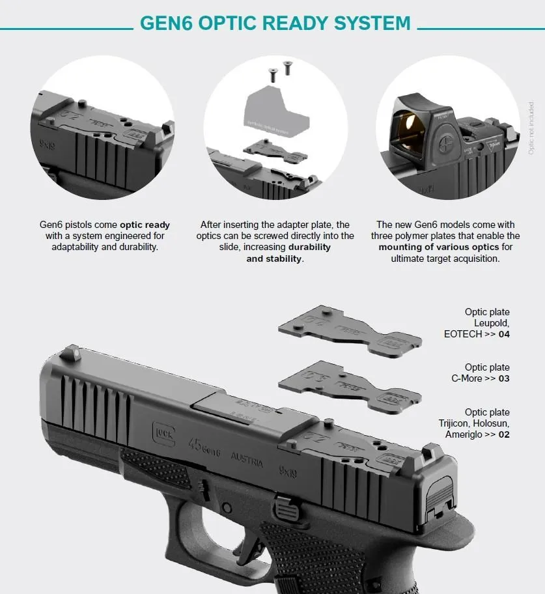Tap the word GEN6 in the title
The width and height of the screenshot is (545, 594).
[167, 23]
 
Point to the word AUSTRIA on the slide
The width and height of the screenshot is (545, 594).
[247, 459]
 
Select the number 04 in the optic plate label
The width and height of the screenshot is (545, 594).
[503, 334]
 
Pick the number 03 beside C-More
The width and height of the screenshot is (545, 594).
[503, 378]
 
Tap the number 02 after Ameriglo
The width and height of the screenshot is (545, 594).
[503, 434]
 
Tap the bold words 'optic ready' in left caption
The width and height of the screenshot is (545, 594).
[145, 225]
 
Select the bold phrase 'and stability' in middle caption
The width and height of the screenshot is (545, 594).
[274, 259]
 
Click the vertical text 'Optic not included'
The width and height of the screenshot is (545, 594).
[531, 128]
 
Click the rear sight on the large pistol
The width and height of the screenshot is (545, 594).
[430, 454]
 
